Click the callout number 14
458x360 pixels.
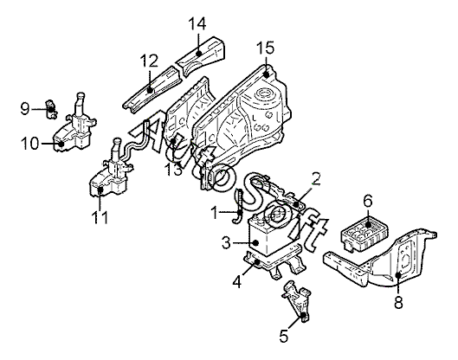197,24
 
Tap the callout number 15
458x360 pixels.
266,48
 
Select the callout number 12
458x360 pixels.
149,61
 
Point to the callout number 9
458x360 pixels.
25,109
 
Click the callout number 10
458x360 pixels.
29,144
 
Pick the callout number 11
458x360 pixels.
100,217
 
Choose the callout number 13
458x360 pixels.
174,170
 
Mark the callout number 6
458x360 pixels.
368,201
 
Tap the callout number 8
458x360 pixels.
398,302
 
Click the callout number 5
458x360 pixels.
284,336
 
